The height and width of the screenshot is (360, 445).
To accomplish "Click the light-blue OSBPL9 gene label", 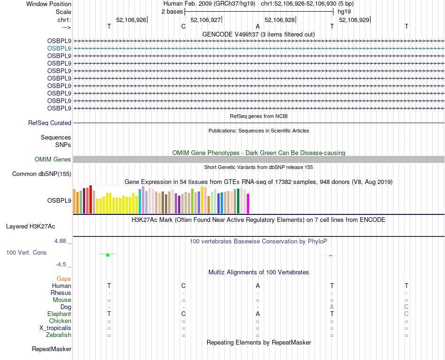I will [x=59, y=48].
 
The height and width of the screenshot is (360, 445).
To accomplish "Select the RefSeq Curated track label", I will [x=50, y=123].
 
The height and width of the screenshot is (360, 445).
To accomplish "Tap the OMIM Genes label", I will [x=53, y=160].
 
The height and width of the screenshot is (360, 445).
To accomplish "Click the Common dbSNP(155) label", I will [x=41, y=174].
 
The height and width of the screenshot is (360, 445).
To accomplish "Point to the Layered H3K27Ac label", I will [x=30, y=227].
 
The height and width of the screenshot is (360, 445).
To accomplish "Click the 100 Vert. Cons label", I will [x=26, y=253].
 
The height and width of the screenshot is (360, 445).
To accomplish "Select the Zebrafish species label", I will [x=59, y=335].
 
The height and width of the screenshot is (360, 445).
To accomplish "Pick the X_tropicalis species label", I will [x=55, y=328].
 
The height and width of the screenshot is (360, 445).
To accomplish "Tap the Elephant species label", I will [x=59, y=314].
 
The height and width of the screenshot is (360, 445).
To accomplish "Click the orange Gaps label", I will [x=64, y=279].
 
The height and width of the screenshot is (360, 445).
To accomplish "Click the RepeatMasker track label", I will [x=52, y=349].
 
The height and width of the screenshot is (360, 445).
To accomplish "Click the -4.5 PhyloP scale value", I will [x=61, y=264].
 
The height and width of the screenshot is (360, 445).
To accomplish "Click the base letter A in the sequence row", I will [x=258, y=27].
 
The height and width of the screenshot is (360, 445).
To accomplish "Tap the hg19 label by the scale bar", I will [x=344, y=11].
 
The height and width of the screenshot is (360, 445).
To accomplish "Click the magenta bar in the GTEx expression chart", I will [x=248, y=204].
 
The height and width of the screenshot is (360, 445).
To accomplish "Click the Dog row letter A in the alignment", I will [x=332, y=307].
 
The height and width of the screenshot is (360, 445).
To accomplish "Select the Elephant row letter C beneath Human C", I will [x=184, y=314].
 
